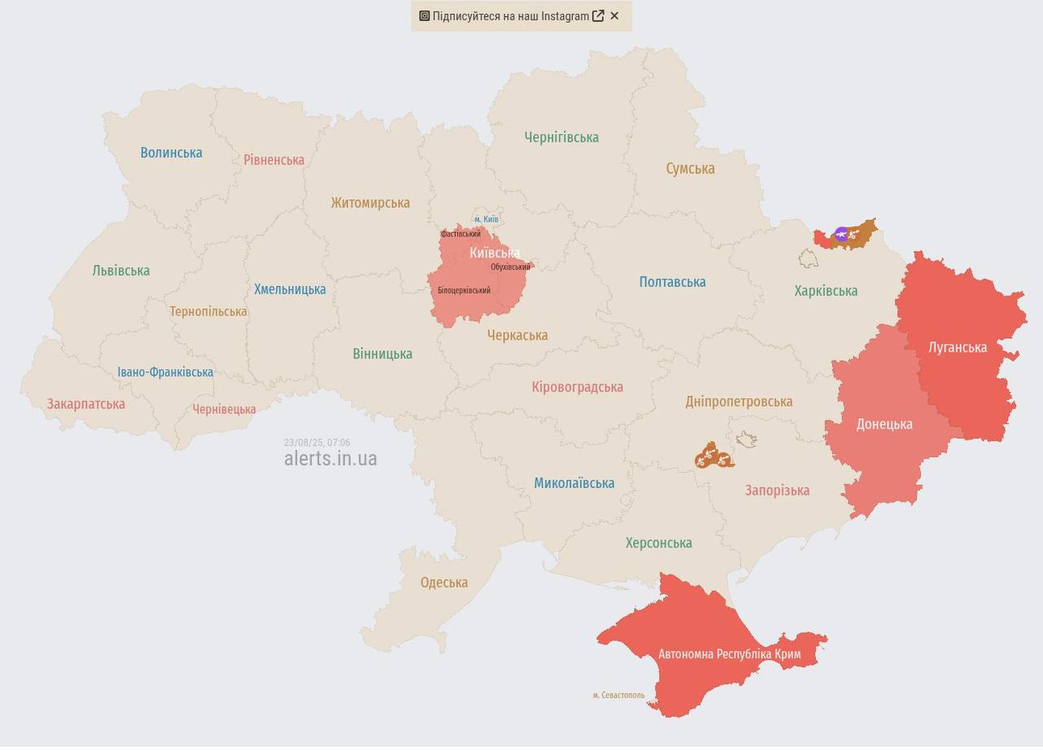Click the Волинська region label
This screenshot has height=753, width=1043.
coord(171,152)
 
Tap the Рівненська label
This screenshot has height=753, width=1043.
coord(274,160)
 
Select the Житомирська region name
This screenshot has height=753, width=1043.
coord(370,203)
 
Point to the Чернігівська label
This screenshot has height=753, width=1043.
coord(561,138)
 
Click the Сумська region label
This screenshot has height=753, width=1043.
coord(690,169)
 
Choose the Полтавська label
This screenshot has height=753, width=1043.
coord(672,282)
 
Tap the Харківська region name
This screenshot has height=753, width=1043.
coord(825,291)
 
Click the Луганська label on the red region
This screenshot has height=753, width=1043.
coord(957,347)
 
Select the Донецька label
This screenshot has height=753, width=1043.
coord(884,424)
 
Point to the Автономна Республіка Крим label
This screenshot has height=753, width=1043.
coord(729,654)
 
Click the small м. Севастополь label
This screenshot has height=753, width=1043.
coord(618,695)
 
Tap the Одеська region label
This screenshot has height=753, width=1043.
coord(444,583)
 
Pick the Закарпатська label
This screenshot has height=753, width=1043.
coord(86,404)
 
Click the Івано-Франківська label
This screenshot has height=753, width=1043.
coord(165,372)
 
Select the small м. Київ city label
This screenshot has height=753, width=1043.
coord(486,219)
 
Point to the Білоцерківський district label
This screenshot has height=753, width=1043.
coord(464,290)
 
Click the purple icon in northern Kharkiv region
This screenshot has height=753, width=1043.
coord(842,235)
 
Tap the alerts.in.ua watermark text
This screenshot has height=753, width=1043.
coord(330,459)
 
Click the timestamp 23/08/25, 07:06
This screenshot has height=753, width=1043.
coord(317,443)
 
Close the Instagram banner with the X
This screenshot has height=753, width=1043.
coord(614,15)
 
